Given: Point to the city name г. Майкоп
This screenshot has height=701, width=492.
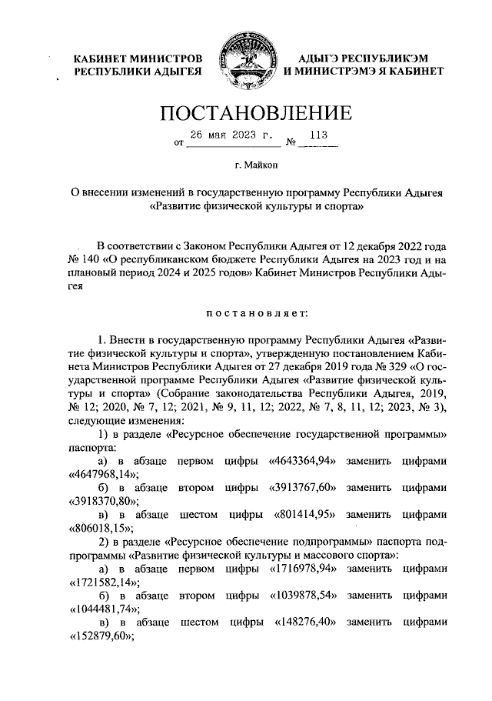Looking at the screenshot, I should tap(245, 164).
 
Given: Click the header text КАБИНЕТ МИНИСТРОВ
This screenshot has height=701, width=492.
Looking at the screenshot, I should tap(138, 58).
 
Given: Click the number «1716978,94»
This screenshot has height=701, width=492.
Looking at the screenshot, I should tap(306, 569).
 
